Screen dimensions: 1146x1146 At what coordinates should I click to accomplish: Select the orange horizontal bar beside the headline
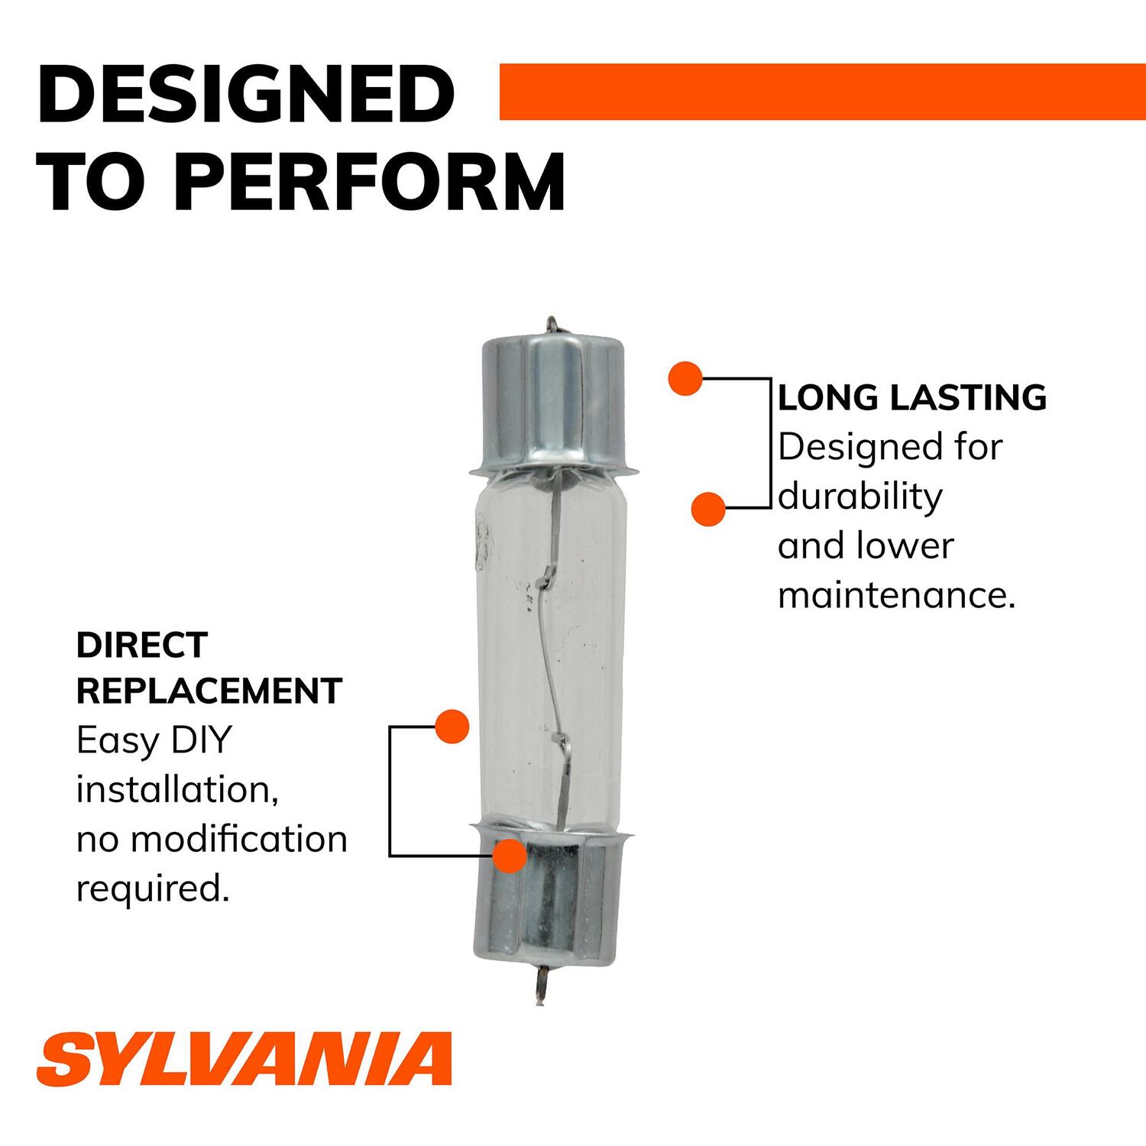point(822,92)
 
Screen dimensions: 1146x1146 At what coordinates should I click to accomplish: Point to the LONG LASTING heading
point(912,398)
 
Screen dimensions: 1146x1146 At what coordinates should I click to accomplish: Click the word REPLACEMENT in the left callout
point(209,691)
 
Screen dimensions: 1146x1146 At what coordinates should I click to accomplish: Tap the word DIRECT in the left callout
point(142,646)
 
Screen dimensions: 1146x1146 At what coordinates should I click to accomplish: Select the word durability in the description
point(860,497)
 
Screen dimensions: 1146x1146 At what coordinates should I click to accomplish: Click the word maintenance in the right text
point(895,596)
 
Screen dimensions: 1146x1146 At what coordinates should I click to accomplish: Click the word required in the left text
point(153,889)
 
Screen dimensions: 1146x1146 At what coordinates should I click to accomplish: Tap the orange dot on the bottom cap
point(510,856)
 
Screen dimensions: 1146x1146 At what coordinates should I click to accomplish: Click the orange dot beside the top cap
point(685,378)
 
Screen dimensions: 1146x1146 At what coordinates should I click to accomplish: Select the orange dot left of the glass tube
point(452,726)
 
